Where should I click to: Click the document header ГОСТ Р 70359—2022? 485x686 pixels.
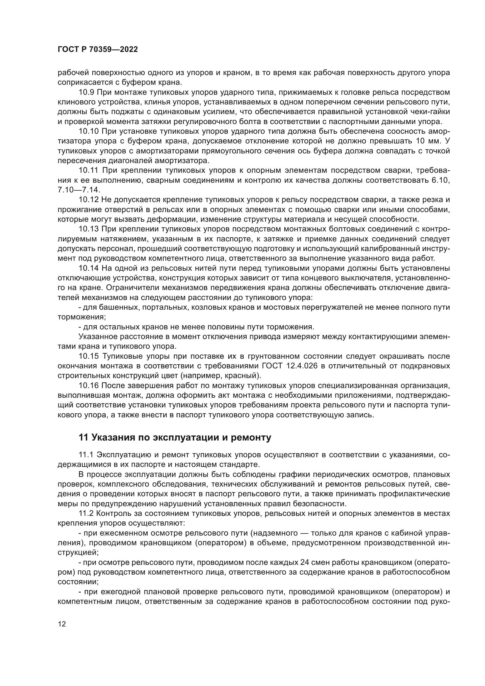tap(98, 50)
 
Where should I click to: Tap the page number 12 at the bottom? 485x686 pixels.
tap(62, 633)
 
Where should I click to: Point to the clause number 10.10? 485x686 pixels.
tap(88, 131)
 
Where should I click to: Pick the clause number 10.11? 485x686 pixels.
tap(88, 171)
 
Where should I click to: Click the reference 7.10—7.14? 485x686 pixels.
tap(79, 190)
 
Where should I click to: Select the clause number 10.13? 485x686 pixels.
tap(88, 229)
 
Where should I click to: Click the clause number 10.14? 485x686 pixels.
tap(88, 268)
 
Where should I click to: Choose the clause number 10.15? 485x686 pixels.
tap(88, 356)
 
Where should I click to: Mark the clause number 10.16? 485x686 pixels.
tap(88, 386)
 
